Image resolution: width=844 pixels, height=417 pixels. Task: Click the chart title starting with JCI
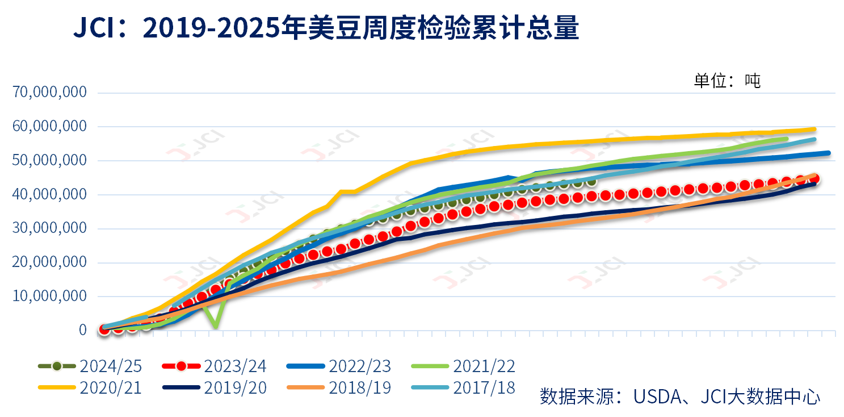click(x=326, y=28)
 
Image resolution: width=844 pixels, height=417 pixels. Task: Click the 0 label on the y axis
click(x=82, y=330)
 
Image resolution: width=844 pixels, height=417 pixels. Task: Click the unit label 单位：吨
click(x=727, y=81)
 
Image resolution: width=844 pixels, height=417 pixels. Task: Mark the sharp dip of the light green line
click(x=215, y=326)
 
